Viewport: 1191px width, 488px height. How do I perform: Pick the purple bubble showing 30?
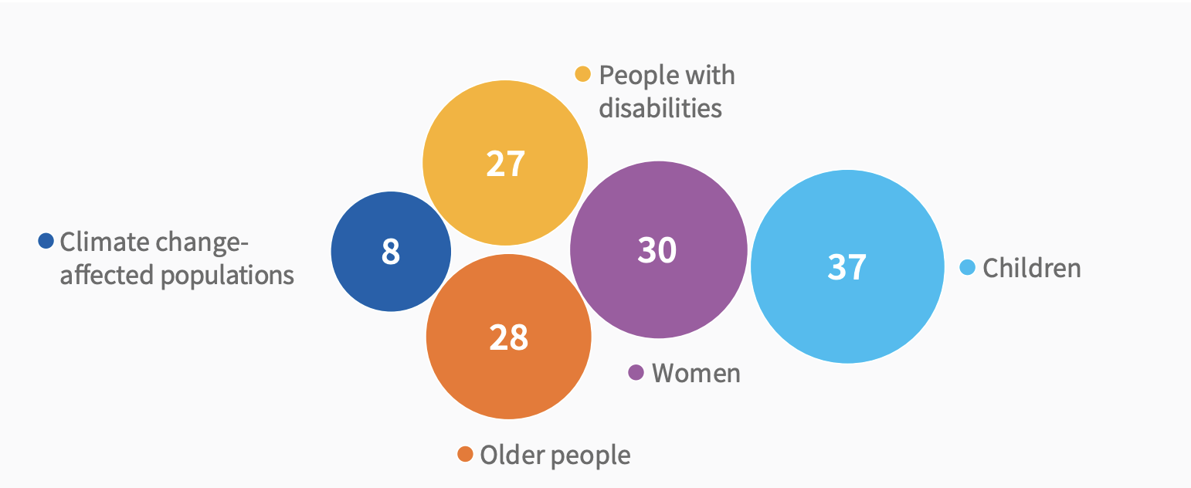point(658,286)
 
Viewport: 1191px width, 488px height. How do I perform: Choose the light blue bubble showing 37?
point(847,309)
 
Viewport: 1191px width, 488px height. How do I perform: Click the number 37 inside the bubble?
point(847,267)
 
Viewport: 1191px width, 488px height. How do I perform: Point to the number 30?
point(657,250)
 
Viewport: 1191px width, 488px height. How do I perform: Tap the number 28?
point(508,337)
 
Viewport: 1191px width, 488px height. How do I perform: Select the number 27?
point(505,164)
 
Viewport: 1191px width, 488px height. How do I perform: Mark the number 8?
point(391,252)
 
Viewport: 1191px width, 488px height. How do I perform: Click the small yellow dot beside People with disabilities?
point(583,75)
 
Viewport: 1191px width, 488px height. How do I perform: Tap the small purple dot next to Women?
point(636,373)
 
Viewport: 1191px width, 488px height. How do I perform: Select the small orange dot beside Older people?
point(465,454)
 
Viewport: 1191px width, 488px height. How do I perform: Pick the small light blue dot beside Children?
point(967,267)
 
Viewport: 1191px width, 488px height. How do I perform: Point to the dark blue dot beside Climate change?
point(46,242)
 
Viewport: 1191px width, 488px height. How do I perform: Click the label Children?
point(1032,268)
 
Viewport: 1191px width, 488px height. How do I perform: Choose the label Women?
point(696,373)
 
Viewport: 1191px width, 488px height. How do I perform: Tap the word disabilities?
point(660,108)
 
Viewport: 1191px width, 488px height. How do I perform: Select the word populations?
point(227,275)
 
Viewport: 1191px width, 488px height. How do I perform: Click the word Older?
point(504,455)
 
